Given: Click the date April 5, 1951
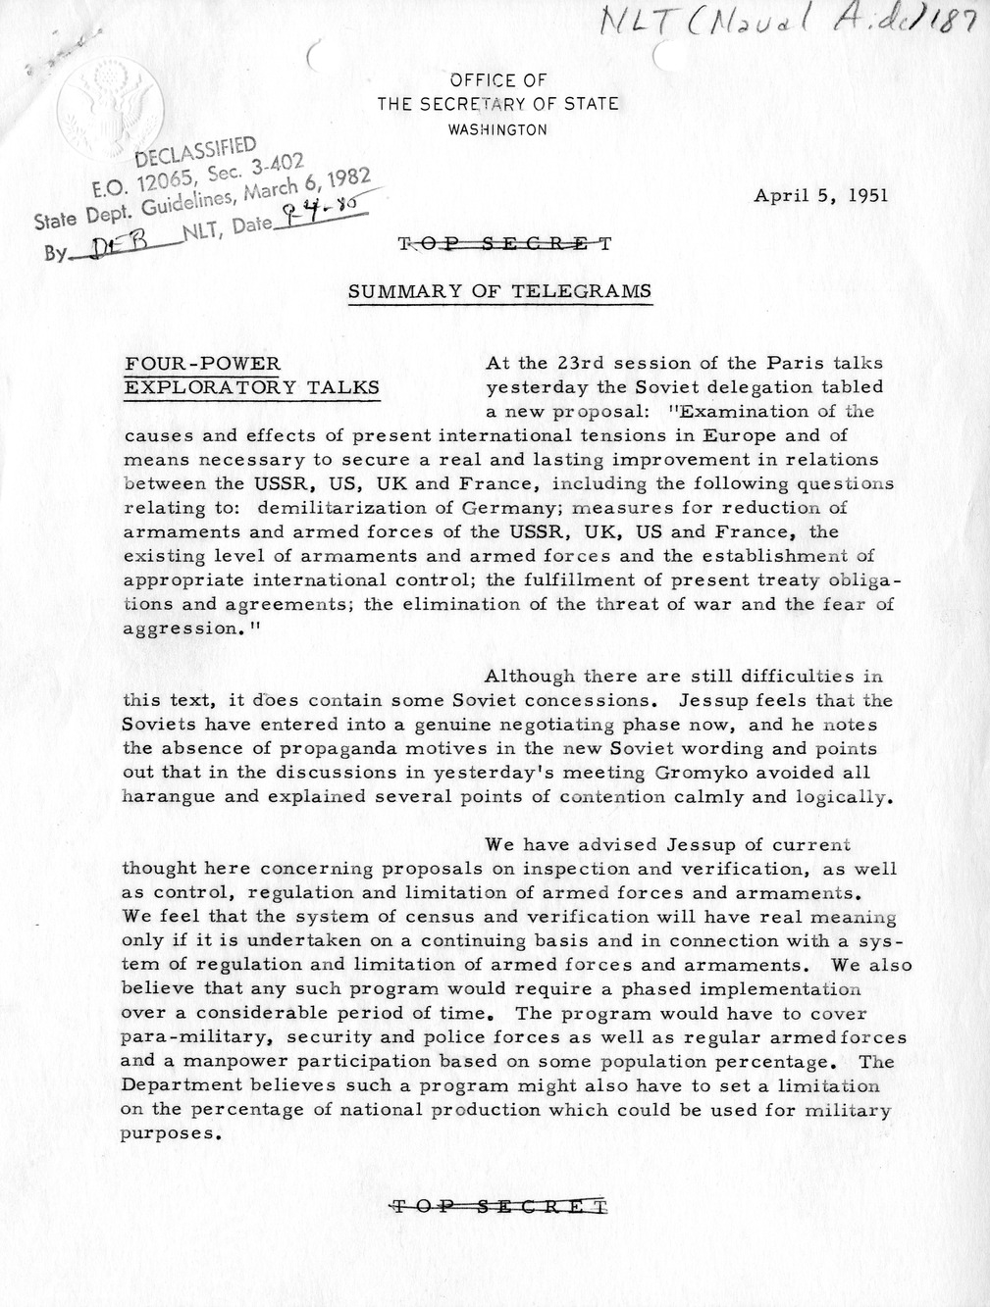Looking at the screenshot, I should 820,195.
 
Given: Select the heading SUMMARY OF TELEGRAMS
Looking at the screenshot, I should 499,291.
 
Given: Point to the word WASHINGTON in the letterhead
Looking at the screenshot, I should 497,128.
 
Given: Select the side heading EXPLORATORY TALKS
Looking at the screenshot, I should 251,387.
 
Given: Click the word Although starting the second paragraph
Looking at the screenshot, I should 530,676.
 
